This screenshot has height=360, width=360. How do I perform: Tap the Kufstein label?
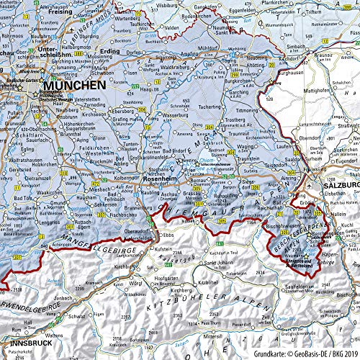tap(159, 248)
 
